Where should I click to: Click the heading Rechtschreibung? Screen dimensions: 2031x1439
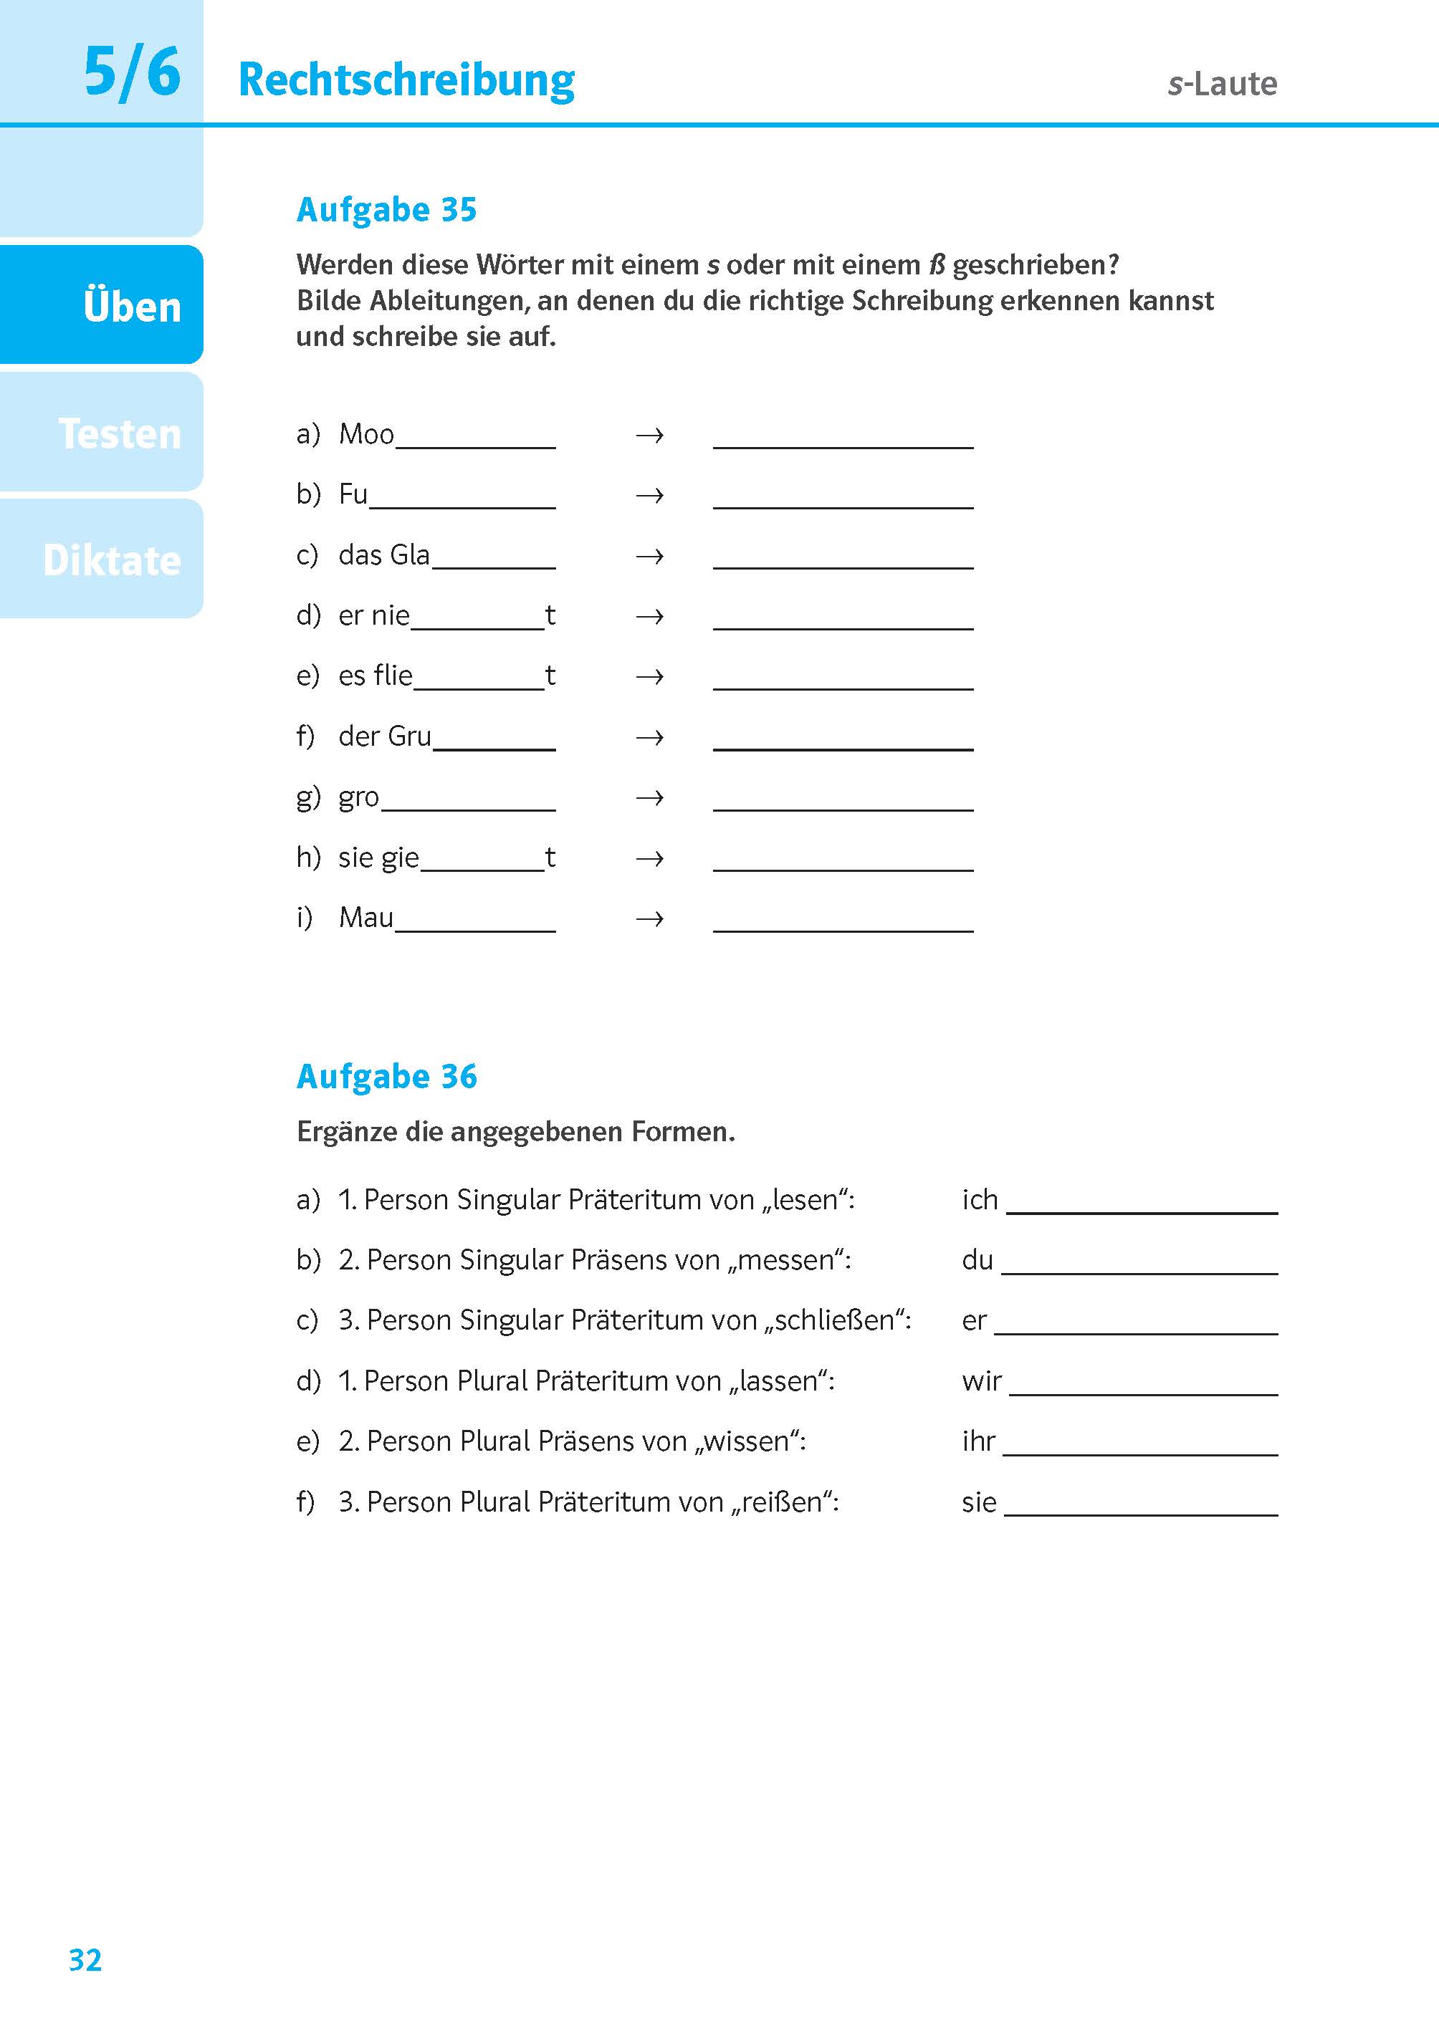(407, 81)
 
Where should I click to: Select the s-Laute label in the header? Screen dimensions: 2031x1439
(1222, 84)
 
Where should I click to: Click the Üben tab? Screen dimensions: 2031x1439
(131, 307)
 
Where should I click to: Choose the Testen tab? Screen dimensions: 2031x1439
(119, 434)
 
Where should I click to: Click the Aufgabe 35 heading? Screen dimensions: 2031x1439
(386, 210)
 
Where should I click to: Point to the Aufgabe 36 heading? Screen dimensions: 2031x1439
(386, 1076)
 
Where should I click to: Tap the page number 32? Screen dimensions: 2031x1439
(85, 1960)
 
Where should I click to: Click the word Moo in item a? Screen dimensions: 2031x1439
(366, 434)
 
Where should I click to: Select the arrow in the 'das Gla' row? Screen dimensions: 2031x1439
(649, 556)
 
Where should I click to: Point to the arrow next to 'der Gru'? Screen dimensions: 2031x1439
(649, 737)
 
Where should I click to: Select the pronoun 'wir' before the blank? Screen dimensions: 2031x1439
(981, 1381)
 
